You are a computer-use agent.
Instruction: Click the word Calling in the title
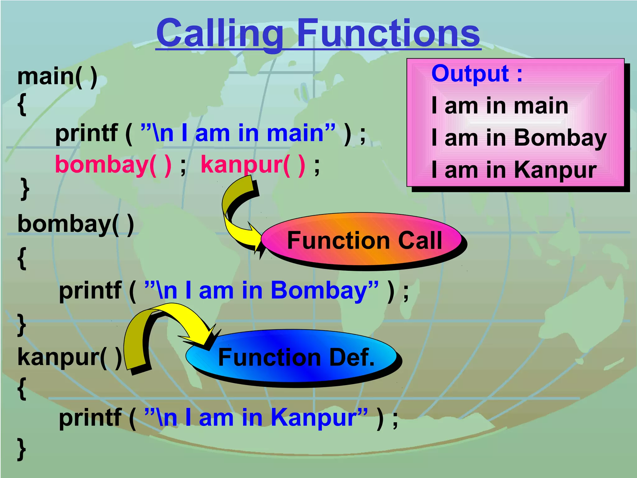click(x=219, y=33)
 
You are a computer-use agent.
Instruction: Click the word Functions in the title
click(x=389, y=33)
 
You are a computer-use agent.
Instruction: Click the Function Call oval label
click(x=364, y=240)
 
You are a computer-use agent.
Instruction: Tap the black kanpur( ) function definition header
click(x=70, y=357)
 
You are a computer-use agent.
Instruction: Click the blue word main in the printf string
click(x=295, y=133)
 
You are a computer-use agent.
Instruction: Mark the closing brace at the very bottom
click(x=21, y=449)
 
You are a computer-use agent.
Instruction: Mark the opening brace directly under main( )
click(x=22, y=105)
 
